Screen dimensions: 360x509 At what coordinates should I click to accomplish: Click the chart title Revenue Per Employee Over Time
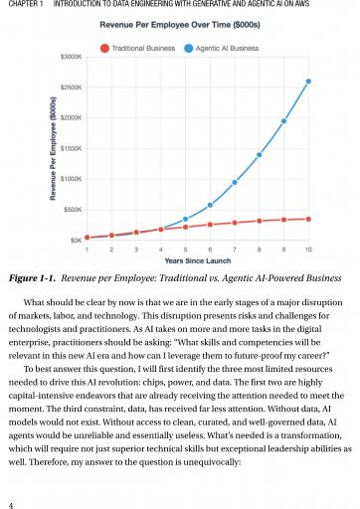(x=180, y=25)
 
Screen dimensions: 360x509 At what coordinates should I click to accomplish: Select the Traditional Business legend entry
(x=137, y=49)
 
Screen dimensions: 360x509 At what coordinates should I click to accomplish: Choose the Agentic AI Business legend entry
(x=222, y=49)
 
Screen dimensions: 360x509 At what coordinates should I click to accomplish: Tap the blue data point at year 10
(x=308, y=82)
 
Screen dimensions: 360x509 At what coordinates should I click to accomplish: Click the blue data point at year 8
(x=260, y=155)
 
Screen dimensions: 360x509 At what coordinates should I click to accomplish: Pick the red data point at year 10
(x=308, y=219)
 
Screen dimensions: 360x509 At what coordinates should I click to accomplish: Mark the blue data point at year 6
(x=210, y=205)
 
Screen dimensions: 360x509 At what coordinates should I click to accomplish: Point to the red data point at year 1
(x=88, y=238)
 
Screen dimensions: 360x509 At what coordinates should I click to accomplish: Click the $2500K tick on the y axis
(x=71, y=87)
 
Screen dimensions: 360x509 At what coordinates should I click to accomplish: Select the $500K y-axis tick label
(x=73, y=210)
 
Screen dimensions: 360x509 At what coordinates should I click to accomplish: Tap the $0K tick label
(x=76, y=241)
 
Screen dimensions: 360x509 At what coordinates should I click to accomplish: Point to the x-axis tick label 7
(x=235, y=250)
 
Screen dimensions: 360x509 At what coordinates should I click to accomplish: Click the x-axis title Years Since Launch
(x=198, y=260)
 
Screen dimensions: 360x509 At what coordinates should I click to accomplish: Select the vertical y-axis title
(x=53, y=148)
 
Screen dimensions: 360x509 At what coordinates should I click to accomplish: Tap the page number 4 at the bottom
(x=11, y=505)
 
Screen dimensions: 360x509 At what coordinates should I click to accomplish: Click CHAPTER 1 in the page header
(x=26, y=4)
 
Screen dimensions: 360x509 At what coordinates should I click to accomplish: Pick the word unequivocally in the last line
(x=212, y=462)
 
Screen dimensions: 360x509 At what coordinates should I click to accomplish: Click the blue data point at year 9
(x=283, y=121)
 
